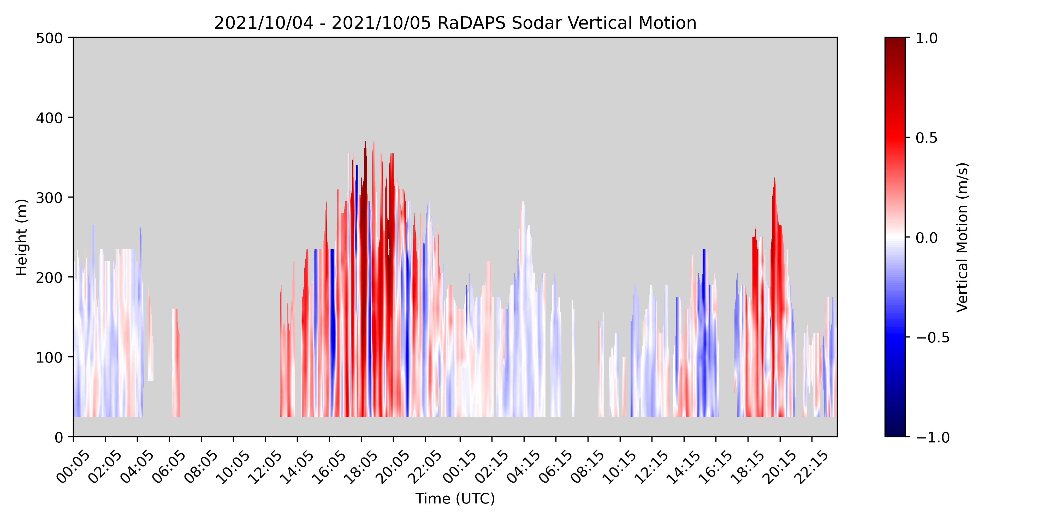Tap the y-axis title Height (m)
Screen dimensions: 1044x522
21,237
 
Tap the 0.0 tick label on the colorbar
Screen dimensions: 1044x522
927,238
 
